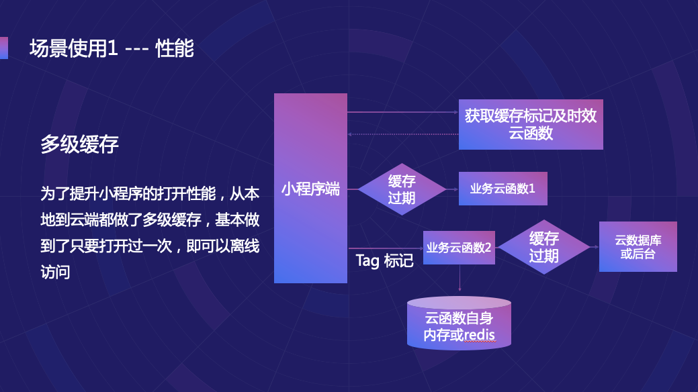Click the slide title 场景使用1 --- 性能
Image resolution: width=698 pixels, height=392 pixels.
(112, 49)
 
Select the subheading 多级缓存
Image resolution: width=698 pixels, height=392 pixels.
(79, 145)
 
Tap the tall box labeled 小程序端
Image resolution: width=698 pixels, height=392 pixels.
(310, 189)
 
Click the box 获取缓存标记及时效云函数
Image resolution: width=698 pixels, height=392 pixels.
(531, 124)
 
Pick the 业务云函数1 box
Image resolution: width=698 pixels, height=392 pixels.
(503, 189)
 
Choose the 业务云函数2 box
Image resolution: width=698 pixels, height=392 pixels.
(459, 248)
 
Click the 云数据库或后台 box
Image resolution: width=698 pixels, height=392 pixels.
(638, 248)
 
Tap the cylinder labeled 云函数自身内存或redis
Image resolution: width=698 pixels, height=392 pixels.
(459, 324)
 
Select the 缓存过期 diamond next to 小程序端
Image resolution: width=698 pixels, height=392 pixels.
(402, 189)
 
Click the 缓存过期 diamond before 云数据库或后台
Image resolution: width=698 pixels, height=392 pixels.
(543, 247)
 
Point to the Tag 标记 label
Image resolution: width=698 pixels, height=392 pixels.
(384, 261)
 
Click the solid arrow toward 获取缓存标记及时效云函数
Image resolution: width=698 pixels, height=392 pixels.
(403, 111)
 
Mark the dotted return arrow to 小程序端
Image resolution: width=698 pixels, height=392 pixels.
(403, 134)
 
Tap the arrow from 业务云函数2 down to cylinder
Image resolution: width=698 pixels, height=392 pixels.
(460, 277)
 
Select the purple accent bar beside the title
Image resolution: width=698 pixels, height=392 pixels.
(3, 48)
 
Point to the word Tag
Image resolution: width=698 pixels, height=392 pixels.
(367, 261)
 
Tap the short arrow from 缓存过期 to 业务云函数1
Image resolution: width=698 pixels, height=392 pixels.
(452, 189)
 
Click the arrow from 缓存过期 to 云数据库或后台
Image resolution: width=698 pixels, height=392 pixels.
(595, 247)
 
